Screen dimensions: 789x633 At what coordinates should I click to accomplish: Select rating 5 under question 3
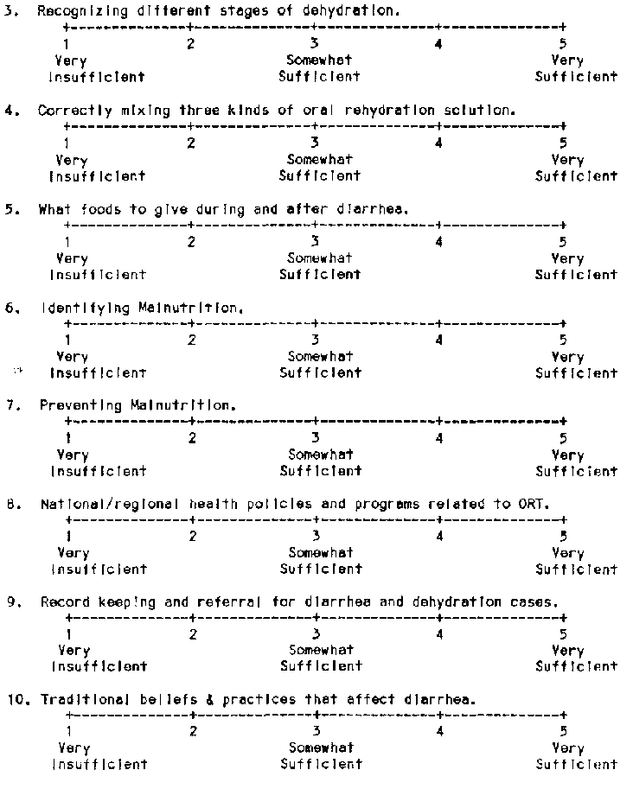point(563,43)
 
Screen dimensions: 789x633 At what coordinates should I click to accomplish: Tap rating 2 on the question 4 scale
point(191,143)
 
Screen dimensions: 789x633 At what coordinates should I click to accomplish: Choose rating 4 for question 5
point(439,242)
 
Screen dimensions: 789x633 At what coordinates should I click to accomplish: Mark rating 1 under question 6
point(67,340)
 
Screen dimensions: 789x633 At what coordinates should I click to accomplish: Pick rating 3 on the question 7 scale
point(316,438)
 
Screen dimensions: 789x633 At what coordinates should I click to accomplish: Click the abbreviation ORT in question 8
point(536,504)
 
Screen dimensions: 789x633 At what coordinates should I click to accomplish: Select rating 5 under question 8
point(563,537)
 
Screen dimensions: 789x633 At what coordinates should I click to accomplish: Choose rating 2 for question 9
point(193,634)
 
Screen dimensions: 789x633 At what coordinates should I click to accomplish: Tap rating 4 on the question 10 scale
point(439,732)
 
